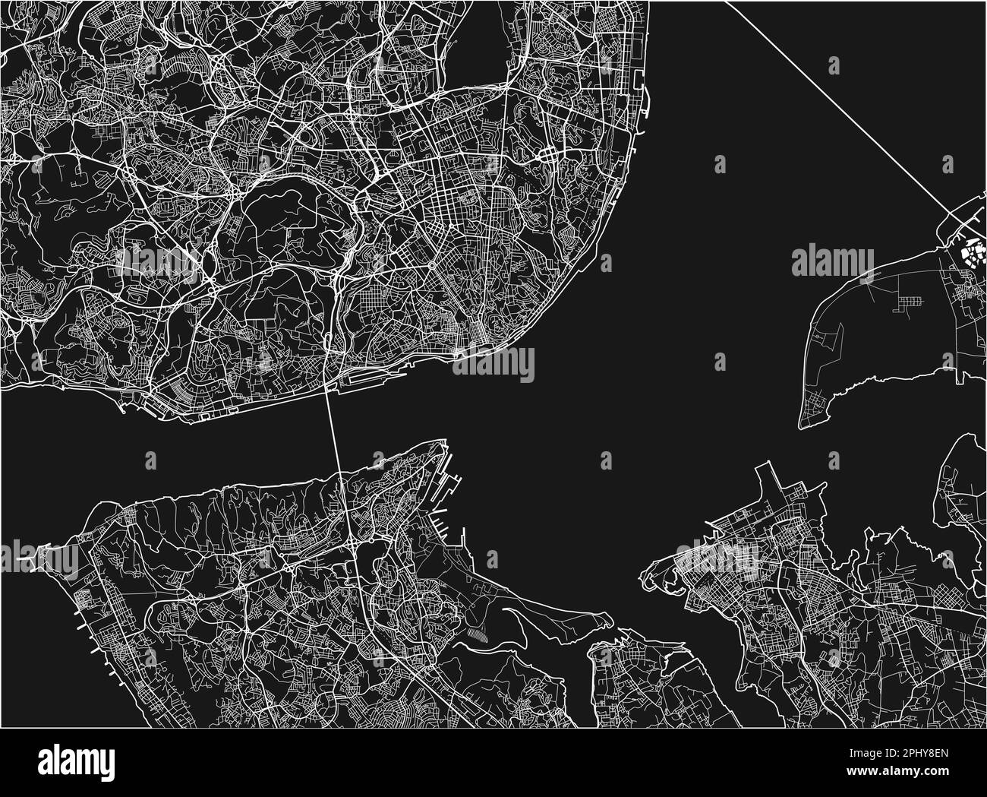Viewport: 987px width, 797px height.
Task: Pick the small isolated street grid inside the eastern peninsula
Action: click(907, 305)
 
